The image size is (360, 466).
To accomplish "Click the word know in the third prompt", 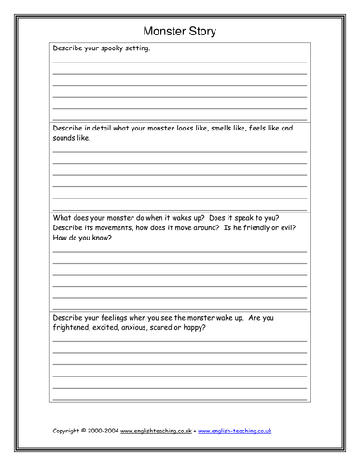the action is click(x=101, y=238).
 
